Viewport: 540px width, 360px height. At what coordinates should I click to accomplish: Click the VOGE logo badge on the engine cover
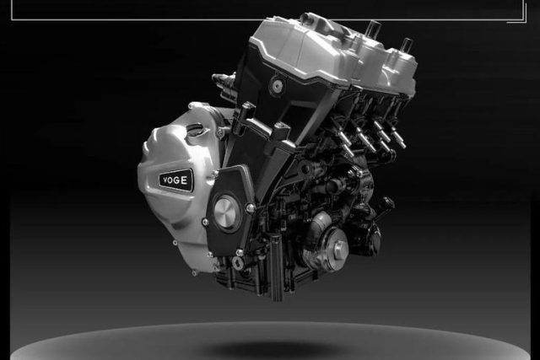click(x=175, y=180)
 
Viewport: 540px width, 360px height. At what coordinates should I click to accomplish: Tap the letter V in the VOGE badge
click(x=165, y=180)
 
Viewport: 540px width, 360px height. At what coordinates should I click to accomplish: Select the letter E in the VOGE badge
click(x=184, y=180)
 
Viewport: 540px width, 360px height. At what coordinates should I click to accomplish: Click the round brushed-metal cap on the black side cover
click(x=226, y=211)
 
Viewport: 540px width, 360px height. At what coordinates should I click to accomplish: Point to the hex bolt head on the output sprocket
click(x=339, y=246)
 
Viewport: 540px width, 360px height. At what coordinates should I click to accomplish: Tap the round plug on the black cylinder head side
click(x=277, y=86)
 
